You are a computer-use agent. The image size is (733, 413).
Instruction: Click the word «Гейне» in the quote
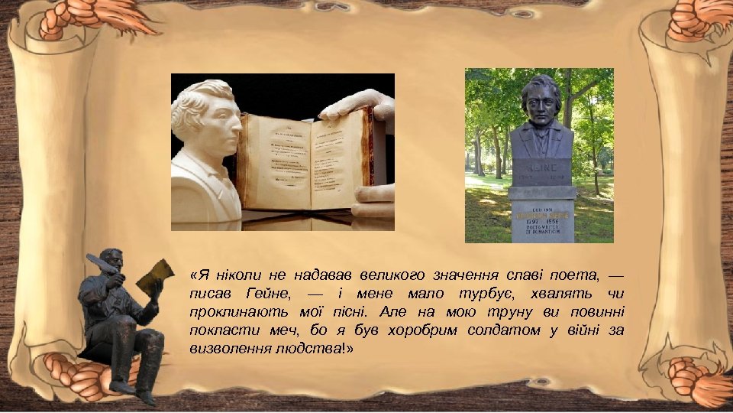[268, 294]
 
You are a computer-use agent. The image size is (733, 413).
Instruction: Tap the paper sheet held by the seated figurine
[155, 275]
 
